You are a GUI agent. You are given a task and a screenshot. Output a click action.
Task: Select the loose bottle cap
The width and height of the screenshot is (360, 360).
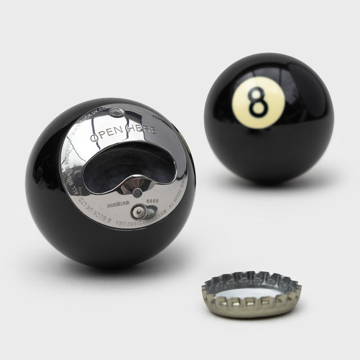tap(251, 293)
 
